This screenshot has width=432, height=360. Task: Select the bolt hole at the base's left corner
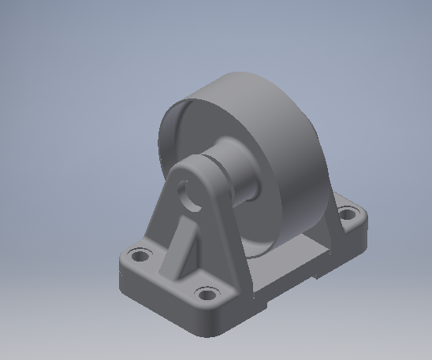[140, 254]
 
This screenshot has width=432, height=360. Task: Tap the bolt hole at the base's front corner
[207, 295]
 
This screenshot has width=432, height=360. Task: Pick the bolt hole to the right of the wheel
[347, 213]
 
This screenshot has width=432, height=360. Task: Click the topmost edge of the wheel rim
[236, 74]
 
